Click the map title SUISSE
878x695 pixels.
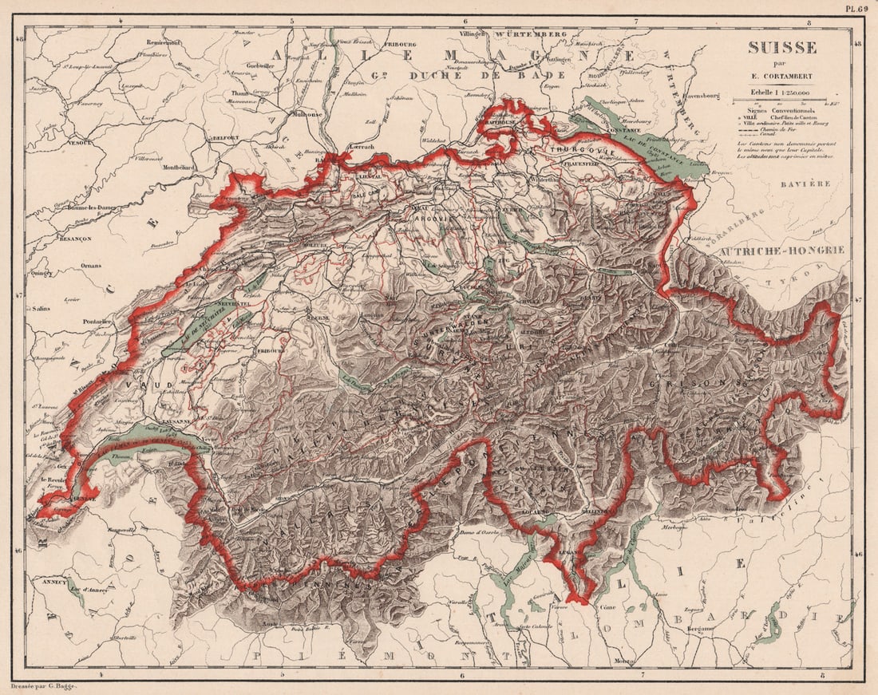coord(781,48)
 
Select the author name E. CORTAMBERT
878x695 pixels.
coord(781,77)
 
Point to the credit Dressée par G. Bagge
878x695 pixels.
coord(39,685)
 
